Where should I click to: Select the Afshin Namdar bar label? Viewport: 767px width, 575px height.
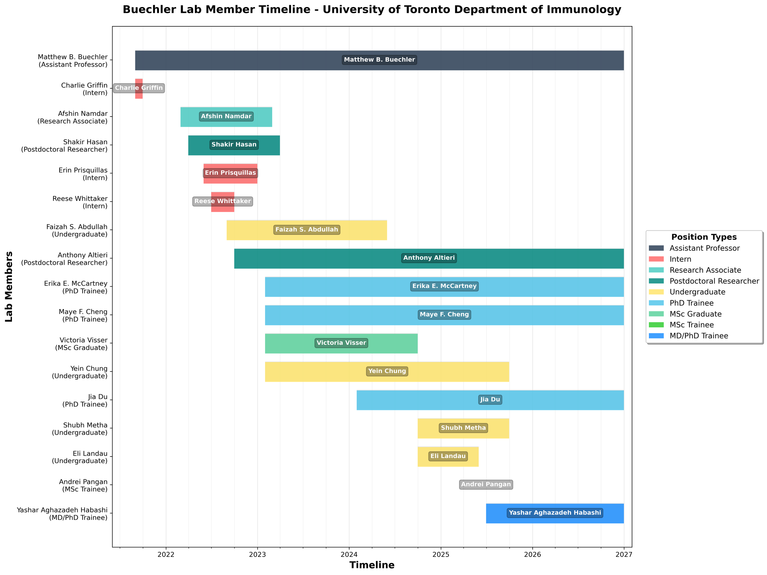[226, 117]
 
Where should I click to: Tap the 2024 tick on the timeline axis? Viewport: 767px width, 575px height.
[349, 554]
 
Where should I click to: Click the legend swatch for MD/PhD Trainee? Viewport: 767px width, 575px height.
[656, 336]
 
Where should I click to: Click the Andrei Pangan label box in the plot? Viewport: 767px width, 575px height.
[486, 484]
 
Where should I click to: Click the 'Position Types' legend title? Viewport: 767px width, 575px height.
[704, 237]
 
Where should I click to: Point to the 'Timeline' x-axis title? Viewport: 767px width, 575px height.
[372, 565]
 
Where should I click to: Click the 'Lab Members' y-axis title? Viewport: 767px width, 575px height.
[9, 287]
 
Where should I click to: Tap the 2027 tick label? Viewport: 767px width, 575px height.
[624, 554]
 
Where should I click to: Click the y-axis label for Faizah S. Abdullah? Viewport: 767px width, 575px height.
[77, 231]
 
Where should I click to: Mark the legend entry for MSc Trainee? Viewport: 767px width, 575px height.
[692, 325]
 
